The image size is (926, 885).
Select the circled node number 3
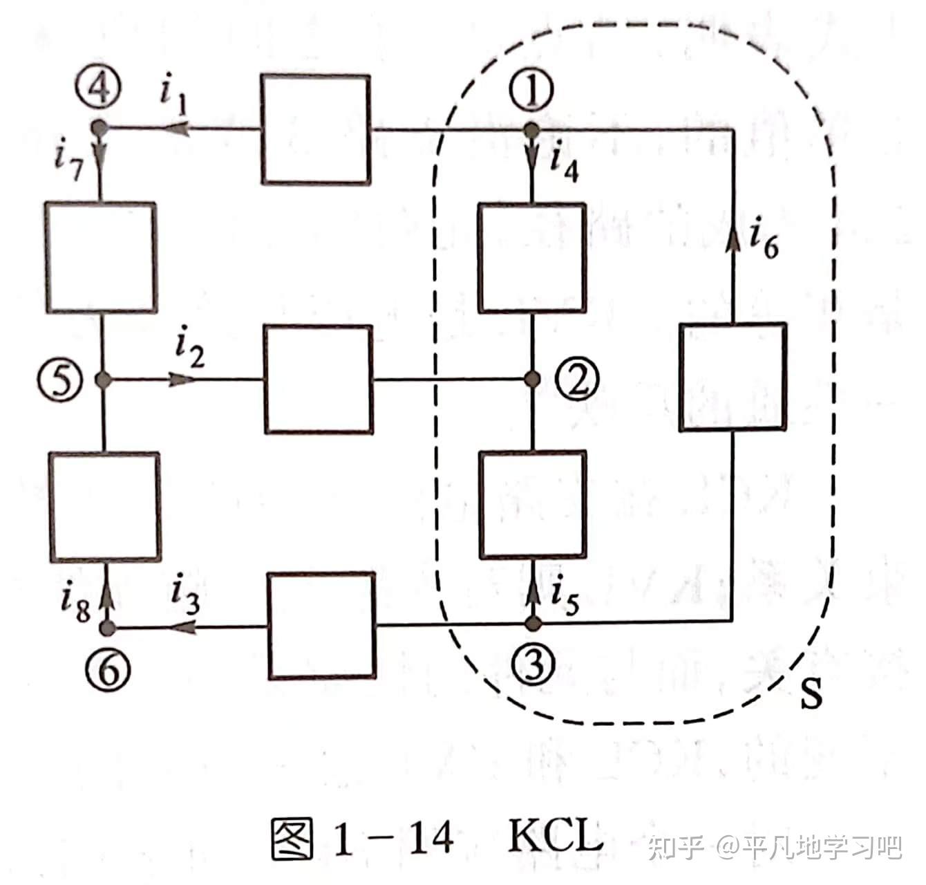(x=533, y=664)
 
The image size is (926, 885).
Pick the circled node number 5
(x=62, y=380)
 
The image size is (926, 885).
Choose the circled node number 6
(x=108, y=669)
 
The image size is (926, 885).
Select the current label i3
(x=185, y=597)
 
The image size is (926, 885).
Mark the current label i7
(x=68, y=162)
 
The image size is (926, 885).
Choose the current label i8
(x=75, y=604)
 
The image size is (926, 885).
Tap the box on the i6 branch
(x=733, y=378)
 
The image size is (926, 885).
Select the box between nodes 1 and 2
(x=532, y=258)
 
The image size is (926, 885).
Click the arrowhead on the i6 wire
(x=733, y=239)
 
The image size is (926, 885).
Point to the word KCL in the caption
(x=556, y=837)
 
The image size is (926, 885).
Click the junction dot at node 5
(x=103, y=379)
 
